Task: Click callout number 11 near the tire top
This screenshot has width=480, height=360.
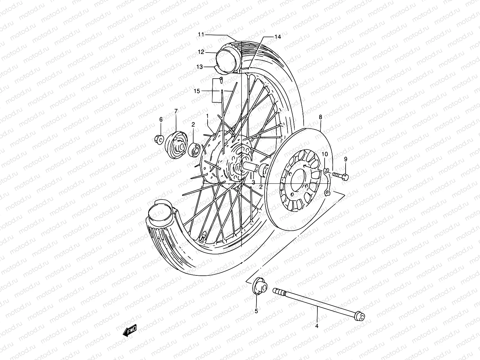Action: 201,35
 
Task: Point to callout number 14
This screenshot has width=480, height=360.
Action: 277,37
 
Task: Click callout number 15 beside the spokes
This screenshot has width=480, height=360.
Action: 196,91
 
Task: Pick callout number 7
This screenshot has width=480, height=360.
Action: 176,111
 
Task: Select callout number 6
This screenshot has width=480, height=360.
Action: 161,119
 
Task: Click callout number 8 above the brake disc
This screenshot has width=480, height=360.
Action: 320,117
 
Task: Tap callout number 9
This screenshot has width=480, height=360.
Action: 345,159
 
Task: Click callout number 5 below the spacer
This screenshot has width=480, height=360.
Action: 256,311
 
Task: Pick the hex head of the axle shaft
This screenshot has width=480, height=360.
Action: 360,317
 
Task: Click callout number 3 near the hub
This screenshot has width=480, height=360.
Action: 253,182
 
